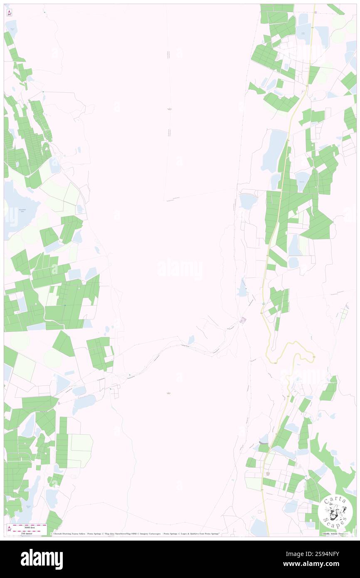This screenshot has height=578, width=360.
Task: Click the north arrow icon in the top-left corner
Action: tap(9, 12)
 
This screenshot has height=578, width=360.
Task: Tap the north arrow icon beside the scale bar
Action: tap(9, 529)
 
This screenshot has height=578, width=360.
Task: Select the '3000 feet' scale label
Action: tap(29, 526)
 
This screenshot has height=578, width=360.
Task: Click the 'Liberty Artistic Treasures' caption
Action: tap(337, 534)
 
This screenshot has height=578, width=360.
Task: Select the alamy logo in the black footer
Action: tap(42, 559)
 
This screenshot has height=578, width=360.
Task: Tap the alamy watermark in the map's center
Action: tap(180, 269)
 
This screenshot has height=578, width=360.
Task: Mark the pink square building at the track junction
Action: tap(243, 320)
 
